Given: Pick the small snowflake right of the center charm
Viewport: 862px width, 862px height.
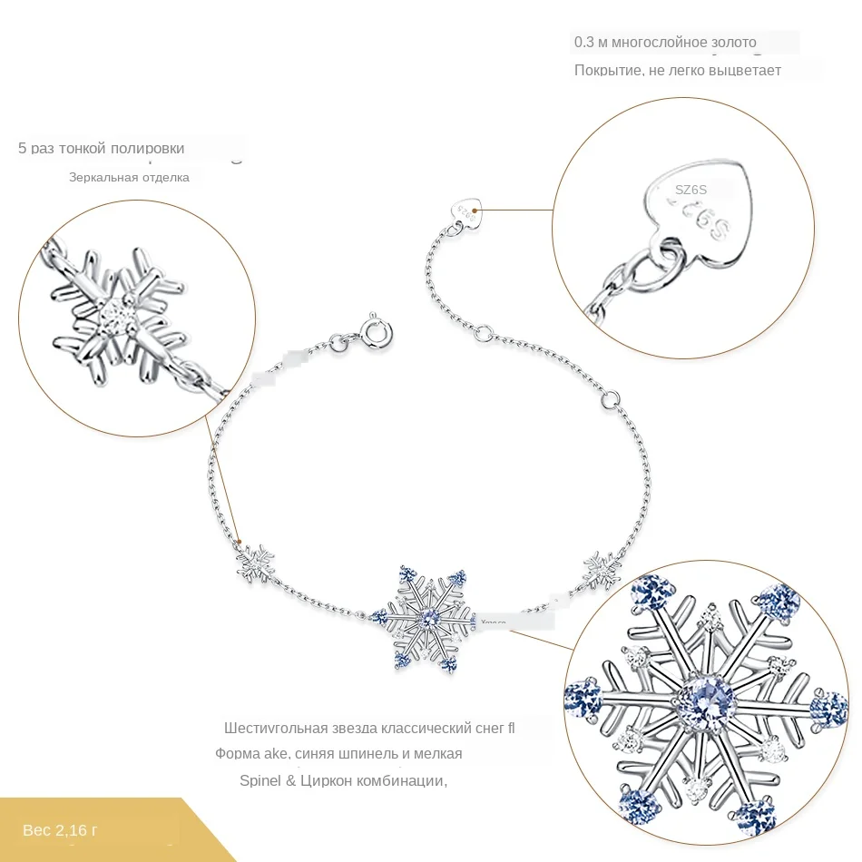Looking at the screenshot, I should click(x=600, y=566).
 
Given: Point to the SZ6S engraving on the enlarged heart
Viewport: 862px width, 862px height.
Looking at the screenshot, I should click(x=691, y=190).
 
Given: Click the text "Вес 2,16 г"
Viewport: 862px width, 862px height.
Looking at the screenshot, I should click(x=61, y=829).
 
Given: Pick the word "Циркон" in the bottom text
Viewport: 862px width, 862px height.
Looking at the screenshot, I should click(x=338, y=780).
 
